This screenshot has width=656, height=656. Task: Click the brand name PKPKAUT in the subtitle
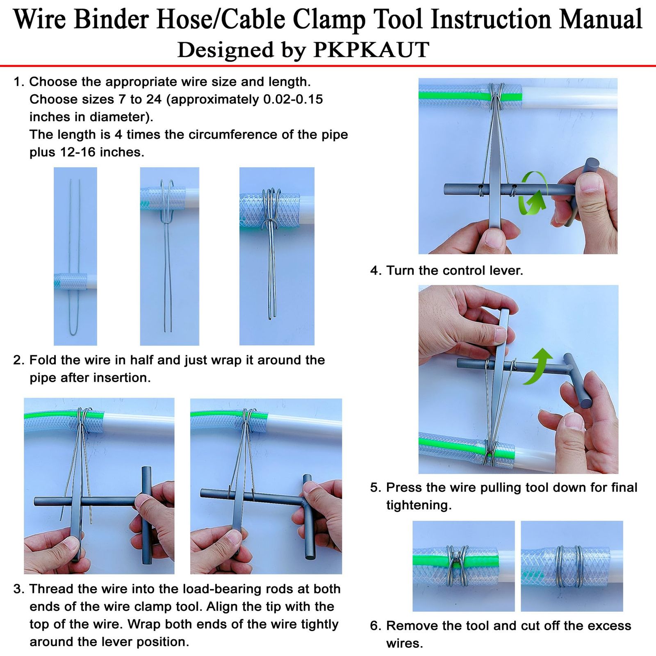[371, 50]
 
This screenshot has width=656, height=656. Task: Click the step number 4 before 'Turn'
[375, 271]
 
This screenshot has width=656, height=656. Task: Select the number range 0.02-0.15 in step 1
[293, 99]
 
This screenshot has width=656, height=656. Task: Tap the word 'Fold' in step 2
[43, 360]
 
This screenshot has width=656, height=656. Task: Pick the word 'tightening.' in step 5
[419, 505]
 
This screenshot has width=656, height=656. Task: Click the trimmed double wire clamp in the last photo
[569, 566]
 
